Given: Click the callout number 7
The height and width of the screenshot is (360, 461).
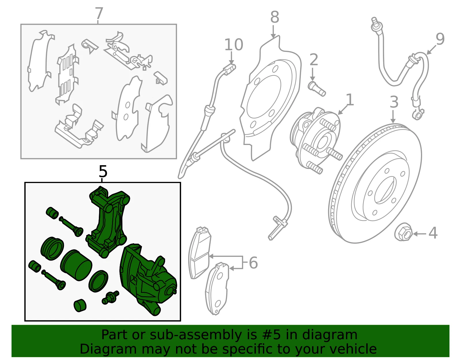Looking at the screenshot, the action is click(x=99, y=13).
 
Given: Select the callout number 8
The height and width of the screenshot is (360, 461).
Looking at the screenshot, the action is click(x=275, y=17).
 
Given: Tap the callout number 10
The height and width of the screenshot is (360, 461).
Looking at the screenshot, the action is click(x=234, y=45).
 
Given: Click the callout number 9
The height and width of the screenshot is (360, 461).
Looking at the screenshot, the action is click(x=440, y=39).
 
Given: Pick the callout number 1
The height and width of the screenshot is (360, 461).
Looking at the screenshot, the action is click(x=350, y=100).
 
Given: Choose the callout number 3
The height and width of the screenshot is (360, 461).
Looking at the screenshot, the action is click(x=394, y=102).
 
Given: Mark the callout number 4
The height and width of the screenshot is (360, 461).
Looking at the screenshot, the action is click(x=433, y=233).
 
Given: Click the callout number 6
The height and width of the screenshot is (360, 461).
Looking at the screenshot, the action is click(x=253, y=263).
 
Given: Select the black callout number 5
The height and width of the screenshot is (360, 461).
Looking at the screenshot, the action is click(x=103, y=171).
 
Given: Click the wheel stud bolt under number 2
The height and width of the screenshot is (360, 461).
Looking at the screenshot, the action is click(x=316, y=89).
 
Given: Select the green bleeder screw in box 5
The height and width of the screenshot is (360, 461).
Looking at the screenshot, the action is click(x=110, y=297).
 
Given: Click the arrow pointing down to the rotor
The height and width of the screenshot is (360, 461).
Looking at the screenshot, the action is click(x=393, y=116).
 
